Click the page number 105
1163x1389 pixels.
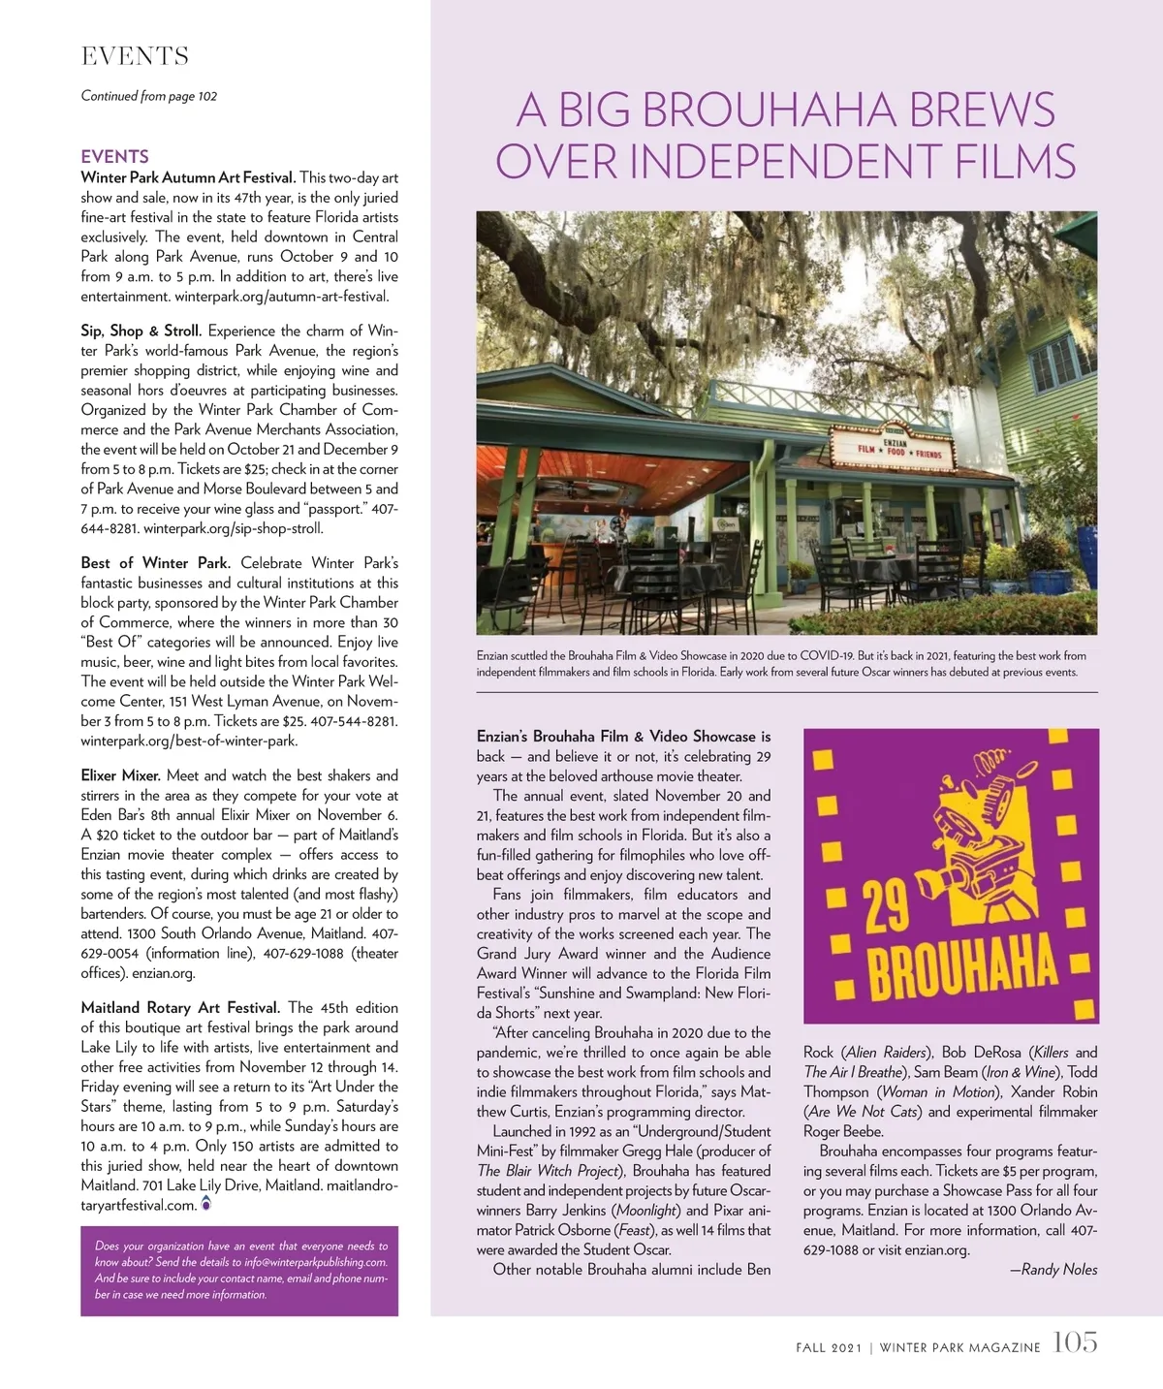pos(1075,1342)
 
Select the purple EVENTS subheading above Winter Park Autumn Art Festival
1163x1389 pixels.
pos(114,156)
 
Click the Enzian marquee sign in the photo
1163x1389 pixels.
pos(898,447)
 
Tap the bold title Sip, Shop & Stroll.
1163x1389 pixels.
pos(141,331)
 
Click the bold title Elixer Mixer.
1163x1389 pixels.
pos(120,775)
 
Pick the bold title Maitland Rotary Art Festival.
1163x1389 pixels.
pos(180,1007)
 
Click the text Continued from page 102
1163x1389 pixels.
pos(148,96)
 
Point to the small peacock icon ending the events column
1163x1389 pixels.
pos(205,1205)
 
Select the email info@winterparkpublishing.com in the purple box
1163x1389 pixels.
pos(316,1262)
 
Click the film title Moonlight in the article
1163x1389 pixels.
pos(648,1211)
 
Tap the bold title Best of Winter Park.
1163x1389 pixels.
pos(155,563)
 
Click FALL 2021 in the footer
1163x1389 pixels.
pos(829,1347)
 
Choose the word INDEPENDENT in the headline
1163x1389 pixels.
pos(786,162)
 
